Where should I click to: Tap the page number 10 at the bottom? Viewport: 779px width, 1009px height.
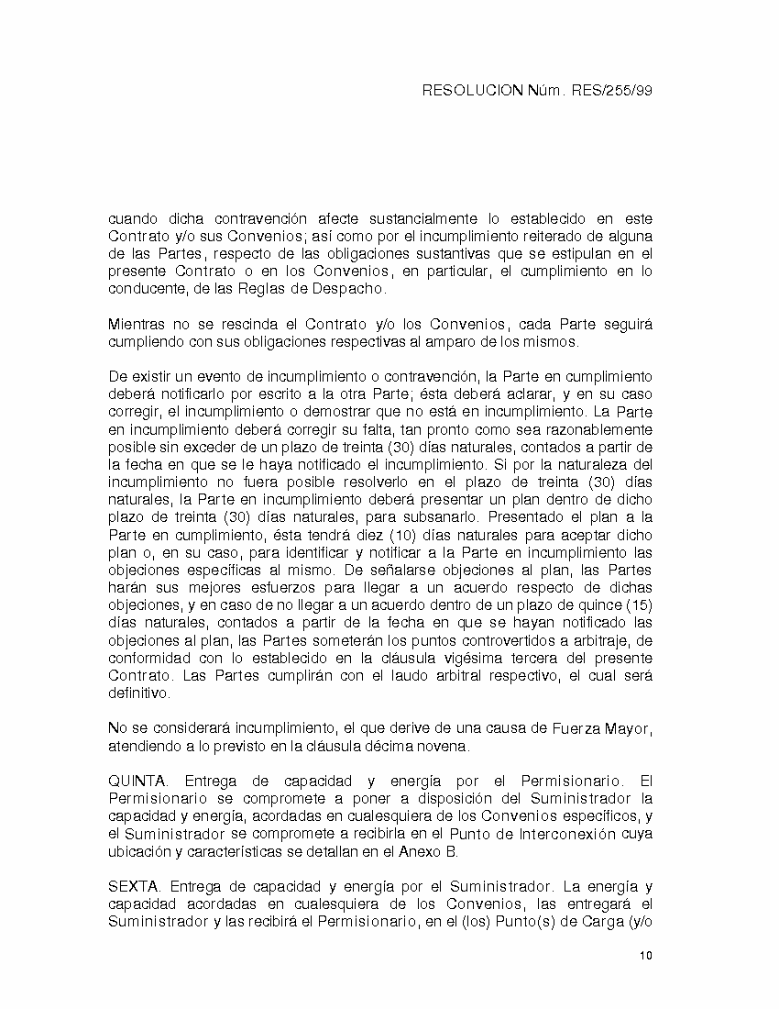646,956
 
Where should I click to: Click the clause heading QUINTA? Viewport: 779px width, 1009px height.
137,782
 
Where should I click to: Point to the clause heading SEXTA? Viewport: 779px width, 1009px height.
136,887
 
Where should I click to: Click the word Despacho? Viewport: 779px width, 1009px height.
354,289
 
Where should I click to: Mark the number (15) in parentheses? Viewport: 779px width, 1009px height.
637,606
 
